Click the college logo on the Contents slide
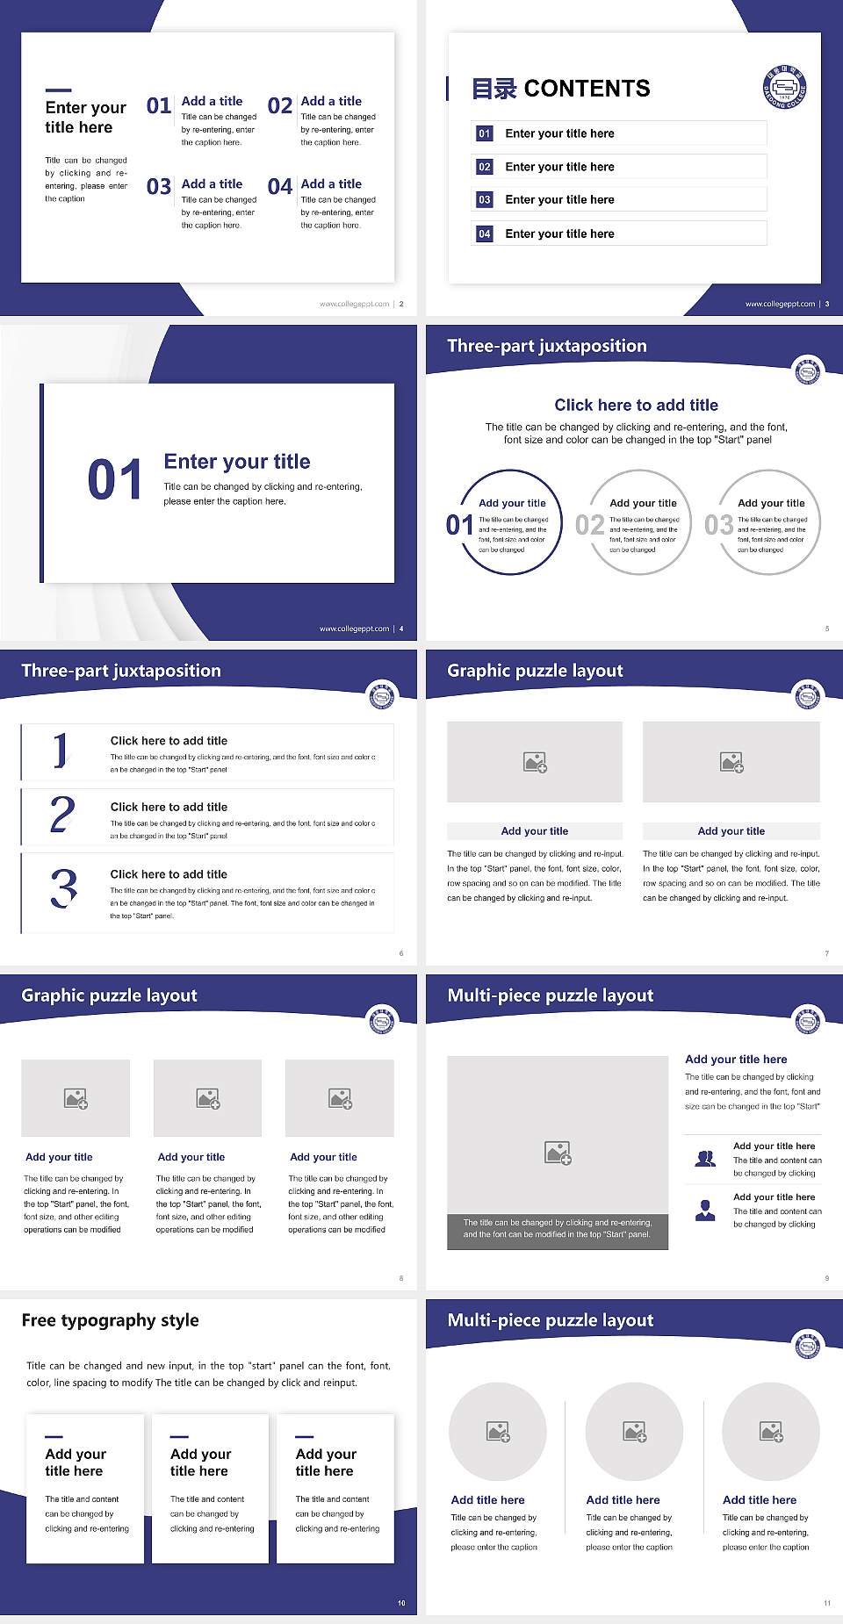point(784,89)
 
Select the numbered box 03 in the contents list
point(485,200)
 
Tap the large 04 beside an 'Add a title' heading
point(280,187)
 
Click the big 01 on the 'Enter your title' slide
point(115,480)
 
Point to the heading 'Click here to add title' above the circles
point(636,405)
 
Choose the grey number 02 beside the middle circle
point(589,525)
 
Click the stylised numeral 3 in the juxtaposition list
point(63,888)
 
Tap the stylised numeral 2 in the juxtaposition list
point(62,815)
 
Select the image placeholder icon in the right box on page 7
point(731,762)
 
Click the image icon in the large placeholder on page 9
point(558,1153)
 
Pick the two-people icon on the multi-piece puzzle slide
point(705,1159)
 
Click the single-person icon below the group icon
point(705,1211)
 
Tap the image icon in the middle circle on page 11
point(634,1432)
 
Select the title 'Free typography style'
point(111,1320)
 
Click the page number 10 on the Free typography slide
point(401,1603)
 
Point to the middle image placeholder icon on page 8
point(208,1098)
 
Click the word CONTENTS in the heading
point(587,89)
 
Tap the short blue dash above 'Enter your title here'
point(58,90)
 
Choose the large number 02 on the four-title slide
point(280,106)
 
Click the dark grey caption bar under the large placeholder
point(558,1228)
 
